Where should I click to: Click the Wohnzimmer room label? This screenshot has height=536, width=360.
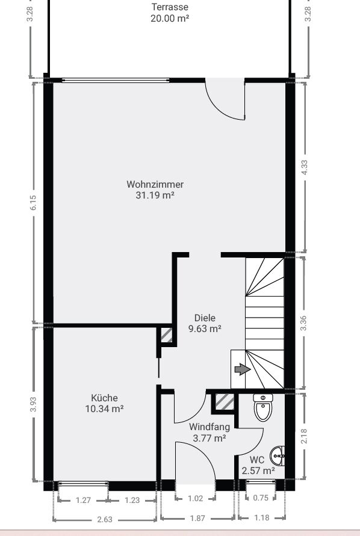point(155,184)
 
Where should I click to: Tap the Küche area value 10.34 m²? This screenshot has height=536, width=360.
point(104,408)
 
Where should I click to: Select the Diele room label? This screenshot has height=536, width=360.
point(205,318)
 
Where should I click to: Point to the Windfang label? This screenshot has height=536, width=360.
point(209,427)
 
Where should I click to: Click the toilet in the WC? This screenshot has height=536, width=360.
point(263,407)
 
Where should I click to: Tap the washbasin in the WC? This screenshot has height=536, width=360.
point(278,456)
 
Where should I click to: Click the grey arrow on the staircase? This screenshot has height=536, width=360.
point(242,369)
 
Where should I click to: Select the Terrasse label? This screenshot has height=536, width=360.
point(170,7)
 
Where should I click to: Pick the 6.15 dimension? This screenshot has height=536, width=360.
point(33,202)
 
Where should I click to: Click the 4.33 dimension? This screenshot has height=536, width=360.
point(304,167)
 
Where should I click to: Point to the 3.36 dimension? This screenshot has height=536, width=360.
point(303,323)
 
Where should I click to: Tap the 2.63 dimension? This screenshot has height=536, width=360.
point(105,520)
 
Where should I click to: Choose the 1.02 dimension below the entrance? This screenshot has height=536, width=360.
point(196,498)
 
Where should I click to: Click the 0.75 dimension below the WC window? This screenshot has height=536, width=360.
point(261,497)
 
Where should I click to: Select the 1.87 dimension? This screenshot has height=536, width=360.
point(197,518)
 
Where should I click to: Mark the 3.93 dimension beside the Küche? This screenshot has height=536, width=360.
point(33,404)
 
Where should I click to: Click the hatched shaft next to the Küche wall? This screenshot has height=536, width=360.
point(166,335)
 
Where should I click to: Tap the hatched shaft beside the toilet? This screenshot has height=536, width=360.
point(225,402)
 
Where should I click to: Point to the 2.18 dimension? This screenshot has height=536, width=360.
point(304,436)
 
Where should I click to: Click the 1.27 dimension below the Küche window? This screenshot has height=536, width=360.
point(83,500)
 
